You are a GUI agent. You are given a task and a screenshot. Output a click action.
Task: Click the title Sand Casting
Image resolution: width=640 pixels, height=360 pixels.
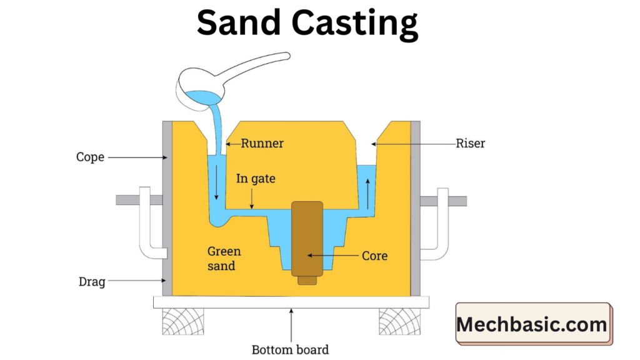pos(307,24)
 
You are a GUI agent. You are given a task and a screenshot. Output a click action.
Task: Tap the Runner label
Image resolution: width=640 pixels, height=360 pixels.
pos(262,144)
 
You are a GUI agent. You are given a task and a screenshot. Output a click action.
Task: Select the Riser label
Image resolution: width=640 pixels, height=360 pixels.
pos(471,144)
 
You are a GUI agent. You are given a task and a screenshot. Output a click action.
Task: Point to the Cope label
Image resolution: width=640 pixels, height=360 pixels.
pos(90,157)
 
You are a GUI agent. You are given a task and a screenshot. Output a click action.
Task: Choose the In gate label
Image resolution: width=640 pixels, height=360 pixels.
pos(256,179)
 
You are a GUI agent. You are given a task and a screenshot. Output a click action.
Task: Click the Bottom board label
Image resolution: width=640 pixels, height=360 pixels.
pos(290,349)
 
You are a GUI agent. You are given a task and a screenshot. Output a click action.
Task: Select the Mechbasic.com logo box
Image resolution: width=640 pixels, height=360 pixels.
pos(532,324)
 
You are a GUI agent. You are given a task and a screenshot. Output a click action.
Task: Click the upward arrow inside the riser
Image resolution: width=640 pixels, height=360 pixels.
pos(367,193)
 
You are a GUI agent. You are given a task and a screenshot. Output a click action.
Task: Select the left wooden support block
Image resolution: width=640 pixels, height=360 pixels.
pos(182,321)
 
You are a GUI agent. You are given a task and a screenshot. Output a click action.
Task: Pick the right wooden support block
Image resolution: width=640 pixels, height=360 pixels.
pos(399,321)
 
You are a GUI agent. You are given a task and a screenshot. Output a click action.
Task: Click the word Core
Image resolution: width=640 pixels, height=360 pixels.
pos(375,256)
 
